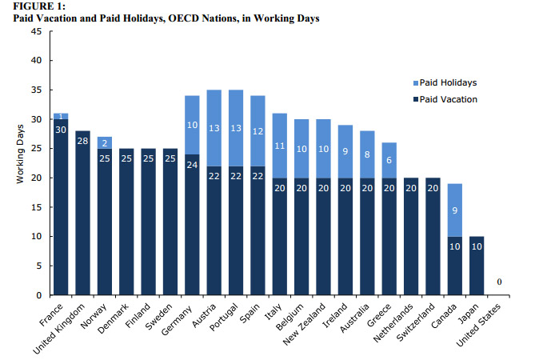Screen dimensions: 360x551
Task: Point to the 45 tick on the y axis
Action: [36, 31]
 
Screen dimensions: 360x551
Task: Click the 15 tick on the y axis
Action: [36, 207]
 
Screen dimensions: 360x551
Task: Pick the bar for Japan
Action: [476, 266]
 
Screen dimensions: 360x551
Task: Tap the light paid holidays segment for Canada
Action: [454, 210]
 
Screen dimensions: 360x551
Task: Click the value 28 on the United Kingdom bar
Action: [82, 141]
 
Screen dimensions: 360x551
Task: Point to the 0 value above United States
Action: [498, 282]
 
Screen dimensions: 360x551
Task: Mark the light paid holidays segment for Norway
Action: [104, 142]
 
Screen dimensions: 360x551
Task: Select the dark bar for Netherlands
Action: [409, 236]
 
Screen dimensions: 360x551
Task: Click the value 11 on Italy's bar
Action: [278, 146]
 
